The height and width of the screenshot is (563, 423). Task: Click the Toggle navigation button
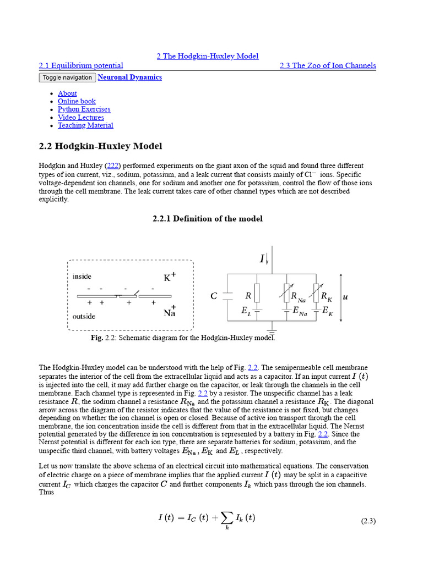67,78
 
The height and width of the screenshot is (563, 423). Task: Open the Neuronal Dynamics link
129,78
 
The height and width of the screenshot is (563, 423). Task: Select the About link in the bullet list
67,93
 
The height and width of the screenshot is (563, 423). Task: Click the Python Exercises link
84,109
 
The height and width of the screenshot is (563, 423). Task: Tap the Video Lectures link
80,117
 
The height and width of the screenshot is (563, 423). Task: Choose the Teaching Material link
85,125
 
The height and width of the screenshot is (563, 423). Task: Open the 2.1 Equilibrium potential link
81,65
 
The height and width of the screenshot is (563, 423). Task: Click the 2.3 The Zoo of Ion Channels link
328,65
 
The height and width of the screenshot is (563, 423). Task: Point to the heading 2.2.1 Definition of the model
207,219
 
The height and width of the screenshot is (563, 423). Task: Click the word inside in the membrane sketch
82,277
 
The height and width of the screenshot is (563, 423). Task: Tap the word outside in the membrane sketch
84,316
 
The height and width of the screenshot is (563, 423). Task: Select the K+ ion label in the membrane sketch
169,278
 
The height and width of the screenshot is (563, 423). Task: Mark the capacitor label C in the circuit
214,296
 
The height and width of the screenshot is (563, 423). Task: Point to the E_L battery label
246,311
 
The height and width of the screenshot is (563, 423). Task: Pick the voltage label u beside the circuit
345,297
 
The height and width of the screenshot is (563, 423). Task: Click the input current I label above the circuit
263,258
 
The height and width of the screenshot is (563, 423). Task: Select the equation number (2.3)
368,521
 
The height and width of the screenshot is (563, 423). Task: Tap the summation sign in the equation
226,517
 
